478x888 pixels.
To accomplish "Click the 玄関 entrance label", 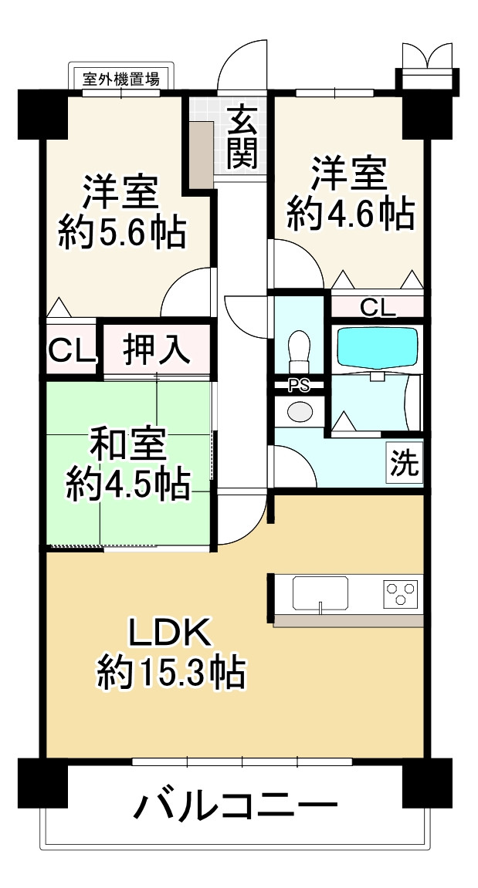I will click(x=242, y=139).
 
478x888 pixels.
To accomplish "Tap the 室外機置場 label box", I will click(x=121, y=78).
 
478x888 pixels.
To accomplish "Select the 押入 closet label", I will click(x=157, y=349).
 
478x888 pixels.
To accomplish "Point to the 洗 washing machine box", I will click(x=405, y=462).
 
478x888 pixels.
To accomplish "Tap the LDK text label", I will click(x=168, y=634).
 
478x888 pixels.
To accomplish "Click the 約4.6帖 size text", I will click(x=351, y=213).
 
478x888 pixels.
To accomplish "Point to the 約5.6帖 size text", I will click(x=122, y=231).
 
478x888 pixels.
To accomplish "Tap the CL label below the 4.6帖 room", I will click(x=378, y=307).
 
